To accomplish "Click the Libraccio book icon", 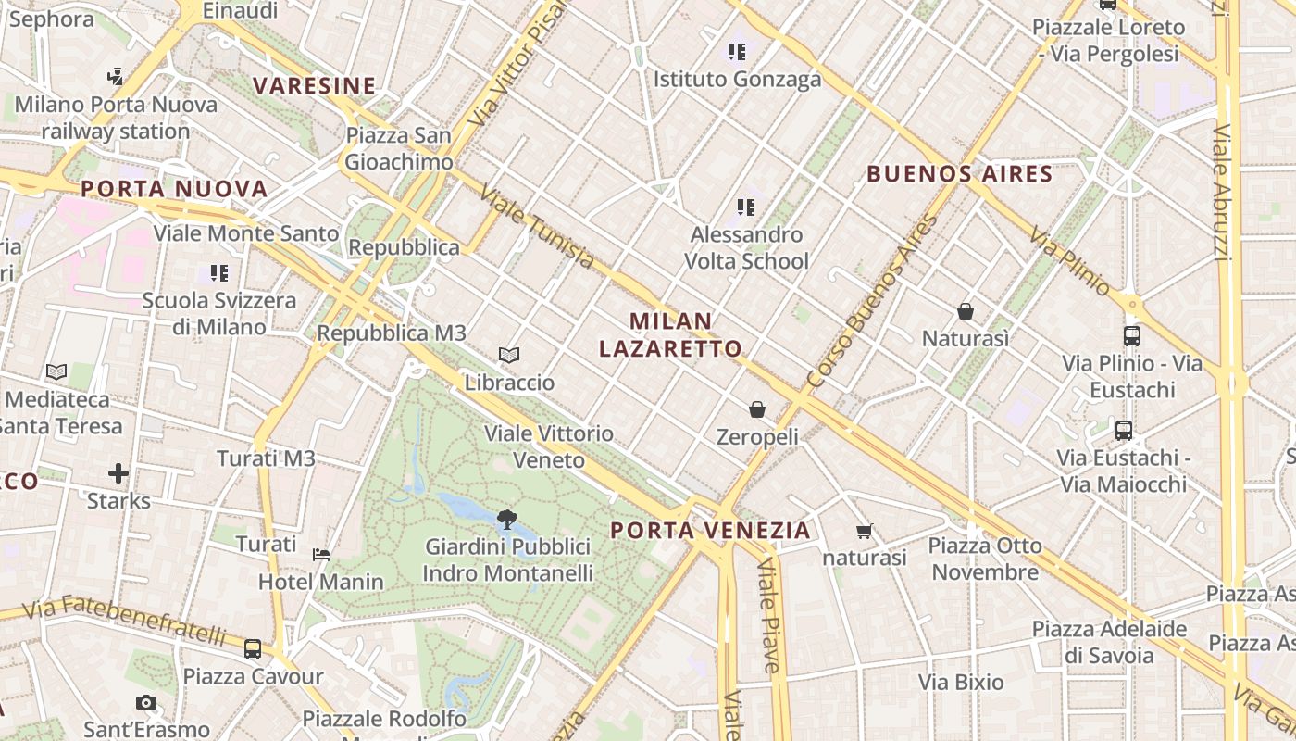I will (x=508, y=355).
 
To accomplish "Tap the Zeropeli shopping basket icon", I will (x=757, y=408).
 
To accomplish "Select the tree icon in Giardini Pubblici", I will (x=506, y=520).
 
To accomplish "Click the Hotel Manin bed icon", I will (x=321, y=555).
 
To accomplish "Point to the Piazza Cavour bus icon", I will (x=253, y=649).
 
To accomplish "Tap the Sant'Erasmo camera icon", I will (x=146, y=703).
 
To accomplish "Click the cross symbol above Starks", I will (x=118, y=474).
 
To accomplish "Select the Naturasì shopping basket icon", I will (x=966, y=311).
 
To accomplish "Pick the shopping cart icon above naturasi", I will (x=865, y=532).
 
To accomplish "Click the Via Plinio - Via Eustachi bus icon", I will (x=1131, y=336).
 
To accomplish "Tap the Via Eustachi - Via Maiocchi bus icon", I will (x=1124, y=431).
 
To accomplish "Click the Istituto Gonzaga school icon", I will (x=737, y=52).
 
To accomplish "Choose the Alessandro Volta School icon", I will (x=746, y=207).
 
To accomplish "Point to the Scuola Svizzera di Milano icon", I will (x=219, y=273).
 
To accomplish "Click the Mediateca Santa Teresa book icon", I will (x=56, y=371).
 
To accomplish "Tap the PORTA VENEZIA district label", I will (x=711, y=531).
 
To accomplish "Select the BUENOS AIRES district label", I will (x=960, y=173).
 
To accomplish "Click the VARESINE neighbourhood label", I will (x=315, y=86).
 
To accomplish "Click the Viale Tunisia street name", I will (x=537, y=227).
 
